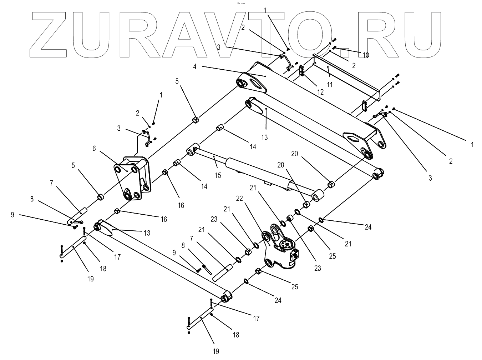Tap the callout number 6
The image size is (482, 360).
94,148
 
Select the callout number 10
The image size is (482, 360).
366,55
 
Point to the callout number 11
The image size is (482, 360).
330,85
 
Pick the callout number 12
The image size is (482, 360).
320,92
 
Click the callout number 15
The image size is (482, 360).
218,175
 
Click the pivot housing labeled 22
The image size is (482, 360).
280,250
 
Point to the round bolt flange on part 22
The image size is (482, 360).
286,245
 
